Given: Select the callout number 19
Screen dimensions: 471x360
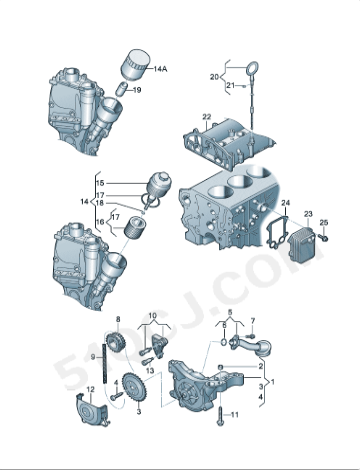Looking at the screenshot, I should (137, 89).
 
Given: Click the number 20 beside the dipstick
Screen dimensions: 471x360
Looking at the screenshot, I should (214, 77).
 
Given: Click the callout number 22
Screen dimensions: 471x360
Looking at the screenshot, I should (205, 117).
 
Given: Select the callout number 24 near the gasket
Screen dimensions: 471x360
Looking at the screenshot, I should (285, 204).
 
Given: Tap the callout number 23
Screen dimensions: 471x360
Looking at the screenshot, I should (308, 215).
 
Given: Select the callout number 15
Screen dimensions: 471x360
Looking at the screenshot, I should (99, 184).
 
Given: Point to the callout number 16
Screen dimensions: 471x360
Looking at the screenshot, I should (99, 222).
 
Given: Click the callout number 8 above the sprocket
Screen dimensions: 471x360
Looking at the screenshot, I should (117, 319).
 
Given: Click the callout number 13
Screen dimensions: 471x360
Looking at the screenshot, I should (139, 410).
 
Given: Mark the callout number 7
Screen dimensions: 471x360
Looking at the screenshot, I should (253, 320).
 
